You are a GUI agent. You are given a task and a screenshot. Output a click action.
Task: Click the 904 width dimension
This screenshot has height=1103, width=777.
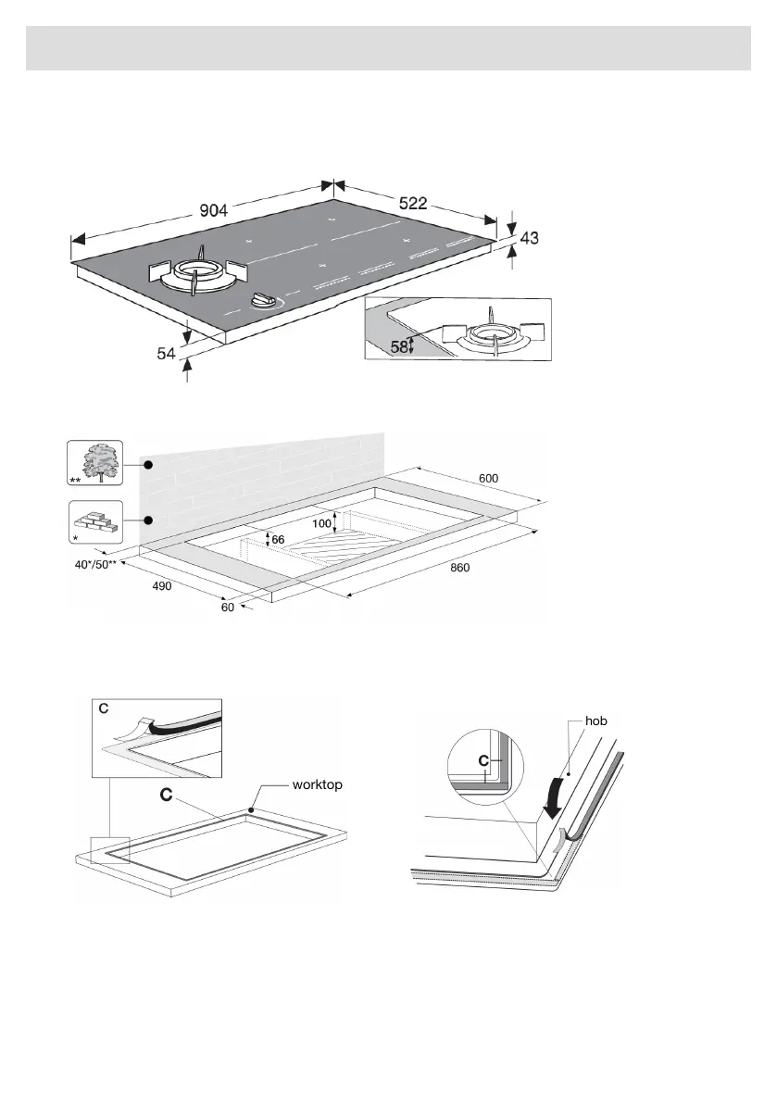tap(214, 210)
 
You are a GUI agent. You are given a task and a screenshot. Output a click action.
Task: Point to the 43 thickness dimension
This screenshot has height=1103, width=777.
tap(529, 238)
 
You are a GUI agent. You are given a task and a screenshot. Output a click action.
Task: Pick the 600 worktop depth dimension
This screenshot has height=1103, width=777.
tap(488, 478)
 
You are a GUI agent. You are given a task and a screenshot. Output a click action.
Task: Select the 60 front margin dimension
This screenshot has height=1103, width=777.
tap(228, 608)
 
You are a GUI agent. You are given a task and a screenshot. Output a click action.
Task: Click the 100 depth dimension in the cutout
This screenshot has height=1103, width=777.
tap(321, 523)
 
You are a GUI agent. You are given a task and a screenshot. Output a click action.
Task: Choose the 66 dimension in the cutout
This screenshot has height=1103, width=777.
tap(278, 539)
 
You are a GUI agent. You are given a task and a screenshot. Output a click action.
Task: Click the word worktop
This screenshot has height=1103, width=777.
tap(317, 783)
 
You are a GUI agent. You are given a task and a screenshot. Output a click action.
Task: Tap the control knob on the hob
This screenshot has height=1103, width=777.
tap(267, 300)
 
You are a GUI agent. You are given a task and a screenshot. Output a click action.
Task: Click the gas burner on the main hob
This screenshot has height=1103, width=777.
tap(198, 275)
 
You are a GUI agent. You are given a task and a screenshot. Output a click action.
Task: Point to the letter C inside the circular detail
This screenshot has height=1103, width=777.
tap(482, 761)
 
